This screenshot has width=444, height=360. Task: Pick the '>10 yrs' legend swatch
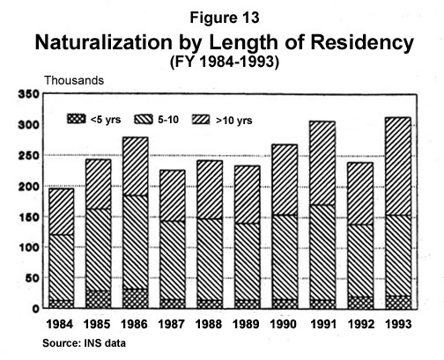point(217,118)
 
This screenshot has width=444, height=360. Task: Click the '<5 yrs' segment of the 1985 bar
point(98,299)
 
